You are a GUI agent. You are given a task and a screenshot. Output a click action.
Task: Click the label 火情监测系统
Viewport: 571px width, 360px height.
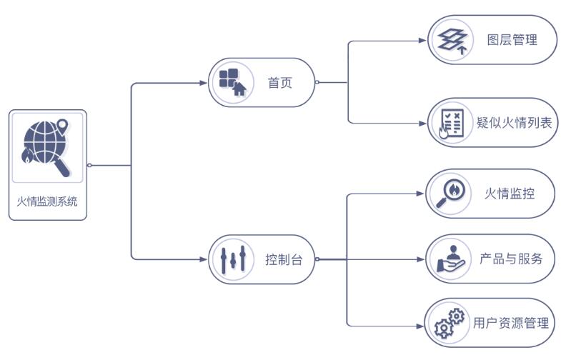[47, 201]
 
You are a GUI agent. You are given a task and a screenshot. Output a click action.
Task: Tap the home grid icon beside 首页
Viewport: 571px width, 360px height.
[232, 82]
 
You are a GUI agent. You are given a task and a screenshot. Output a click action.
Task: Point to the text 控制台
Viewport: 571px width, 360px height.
[284, 260]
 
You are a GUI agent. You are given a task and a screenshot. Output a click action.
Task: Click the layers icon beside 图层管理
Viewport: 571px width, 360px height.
[452, 40]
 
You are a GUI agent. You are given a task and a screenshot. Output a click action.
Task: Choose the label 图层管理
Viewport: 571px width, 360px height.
[512, 40]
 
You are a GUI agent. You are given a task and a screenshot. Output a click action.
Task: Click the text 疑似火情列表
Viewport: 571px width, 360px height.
[515, 123]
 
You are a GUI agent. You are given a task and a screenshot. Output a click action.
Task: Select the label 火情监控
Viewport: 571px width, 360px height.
[510, 194]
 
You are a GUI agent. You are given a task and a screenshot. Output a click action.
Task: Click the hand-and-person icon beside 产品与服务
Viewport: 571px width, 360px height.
[450, 259]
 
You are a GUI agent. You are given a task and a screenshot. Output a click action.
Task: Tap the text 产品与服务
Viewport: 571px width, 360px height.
[511, 259]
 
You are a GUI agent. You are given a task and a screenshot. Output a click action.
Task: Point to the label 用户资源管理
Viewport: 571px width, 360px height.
[512, 323]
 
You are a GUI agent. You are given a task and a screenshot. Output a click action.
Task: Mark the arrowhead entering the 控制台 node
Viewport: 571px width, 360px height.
[205, 259]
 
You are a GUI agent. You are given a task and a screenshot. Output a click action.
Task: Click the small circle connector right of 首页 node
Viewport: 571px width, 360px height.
[317, 83]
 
